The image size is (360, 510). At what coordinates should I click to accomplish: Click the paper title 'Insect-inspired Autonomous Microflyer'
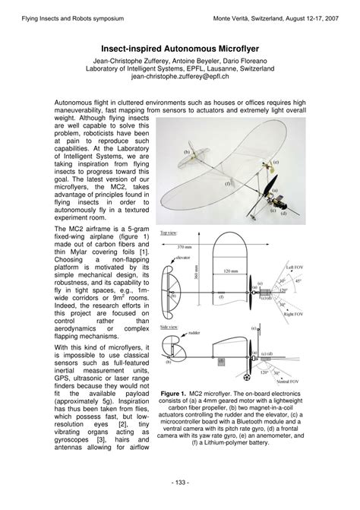tap(179, 47)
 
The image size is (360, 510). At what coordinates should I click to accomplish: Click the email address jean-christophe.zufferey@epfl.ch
tap(179, 77)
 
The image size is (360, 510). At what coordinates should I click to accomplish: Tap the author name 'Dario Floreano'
tap(250, 60)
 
